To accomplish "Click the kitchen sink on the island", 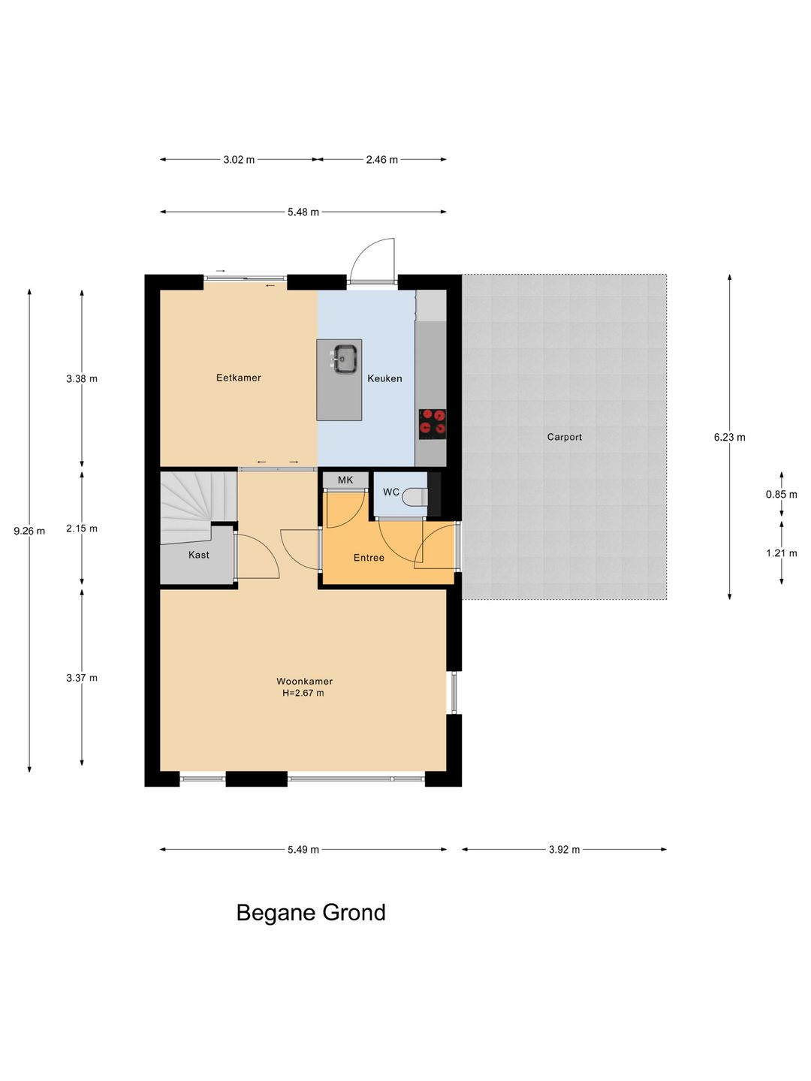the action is [x=345, y=359].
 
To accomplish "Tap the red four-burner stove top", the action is [x=433, y=424].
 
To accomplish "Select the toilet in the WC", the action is [x=415, y=497].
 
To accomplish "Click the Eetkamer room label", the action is [x=238, y=378].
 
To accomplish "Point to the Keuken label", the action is [x=384, y=378].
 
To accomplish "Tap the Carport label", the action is [x=564, y=437].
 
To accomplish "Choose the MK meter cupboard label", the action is [x=345, y=480].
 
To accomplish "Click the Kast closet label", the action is [x=199, y=555].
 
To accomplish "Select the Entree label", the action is [x=369, y=558].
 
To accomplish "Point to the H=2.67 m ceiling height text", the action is [x=303, y=693].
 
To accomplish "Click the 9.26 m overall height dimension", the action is [x=29, y=531].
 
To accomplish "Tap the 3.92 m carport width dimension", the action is [x=564, y=849].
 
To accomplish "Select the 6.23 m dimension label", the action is [x=730, y=437].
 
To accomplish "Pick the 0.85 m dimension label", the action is [x=782, y=495].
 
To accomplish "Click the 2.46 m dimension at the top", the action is [x=382, y=160].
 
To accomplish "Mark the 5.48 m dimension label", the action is [x=303, y=212].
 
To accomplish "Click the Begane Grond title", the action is [x=311, y=913].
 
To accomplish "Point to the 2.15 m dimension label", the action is [x=83, y=528].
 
